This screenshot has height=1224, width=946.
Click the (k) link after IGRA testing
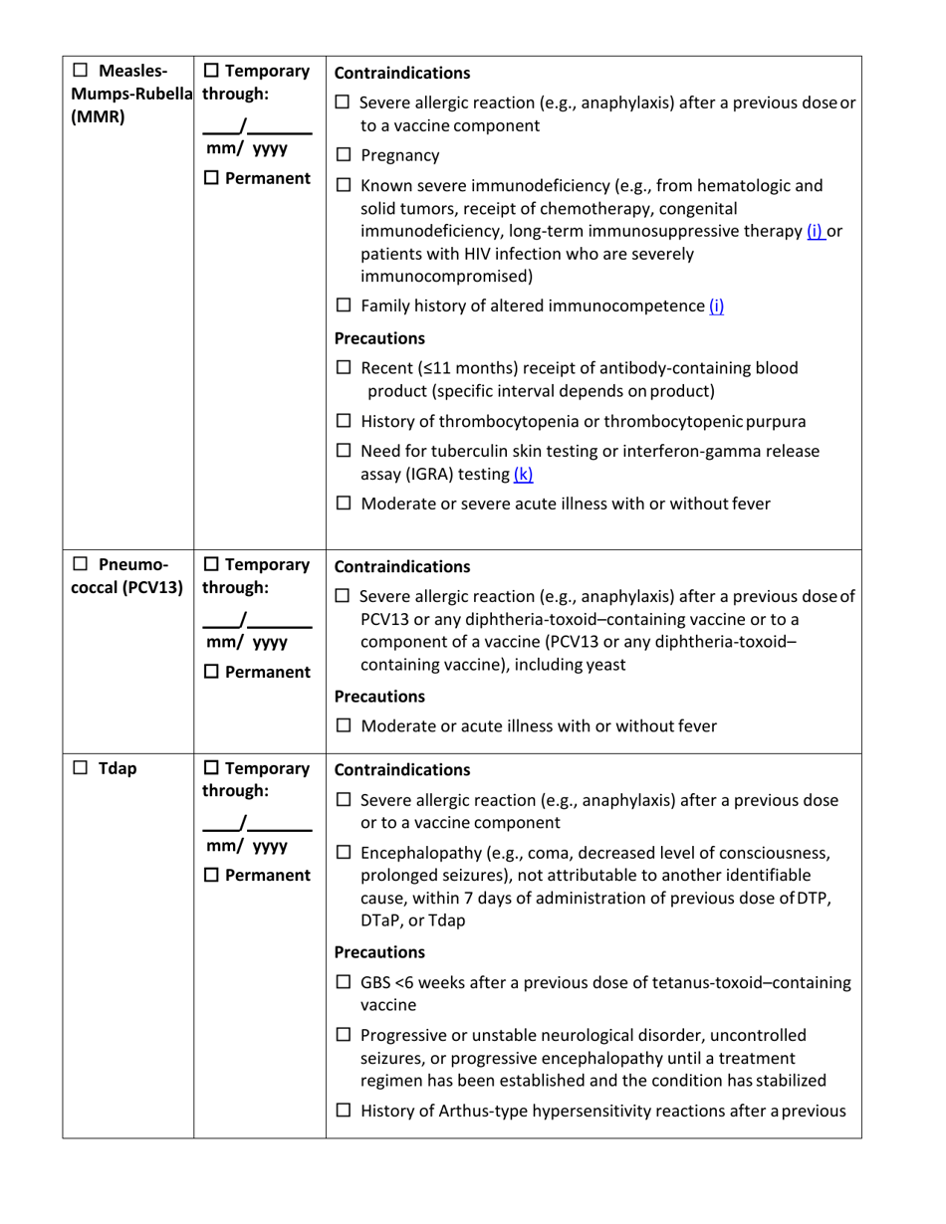click(x=523, y=475)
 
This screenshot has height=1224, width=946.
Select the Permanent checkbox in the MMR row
click(x=211, y=179)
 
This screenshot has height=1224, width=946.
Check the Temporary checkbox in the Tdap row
click(x=211, y=768)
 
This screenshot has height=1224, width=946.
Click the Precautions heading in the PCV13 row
click(x=380, y=696)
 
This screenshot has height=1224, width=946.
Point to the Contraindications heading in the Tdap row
click(x=402, y=769)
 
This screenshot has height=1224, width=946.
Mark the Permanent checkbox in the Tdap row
click(x=211, y=876)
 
